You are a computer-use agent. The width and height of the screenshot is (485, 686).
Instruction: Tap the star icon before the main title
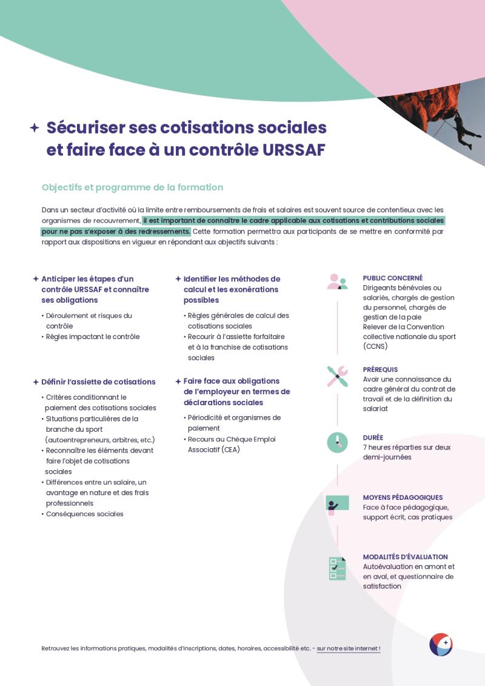point(35,127)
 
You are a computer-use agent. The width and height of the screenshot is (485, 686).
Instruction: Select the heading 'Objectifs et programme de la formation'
point(132,187)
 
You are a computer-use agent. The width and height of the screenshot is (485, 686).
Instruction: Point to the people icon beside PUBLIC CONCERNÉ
point(337,282)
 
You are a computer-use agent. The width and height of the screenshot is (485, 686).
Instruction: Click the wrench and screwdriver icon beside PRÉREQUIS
point(337,376)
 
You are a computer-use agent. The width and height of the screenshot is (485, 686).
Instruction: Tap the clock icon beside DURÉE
point(337,442)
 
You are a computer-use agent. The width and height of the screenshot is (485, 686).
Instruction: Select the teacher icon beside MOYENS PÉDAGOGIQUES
point(337,504)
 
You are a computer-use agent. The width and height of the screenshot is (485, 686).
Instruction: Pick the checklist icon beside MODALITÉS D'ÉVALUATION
point(337,568)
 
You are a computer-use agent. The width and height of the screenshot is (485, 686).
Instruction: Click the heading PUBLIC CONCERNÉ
point(393,278)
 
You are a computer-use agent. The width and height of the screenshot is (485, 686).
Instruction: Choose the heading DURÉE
point(373,437)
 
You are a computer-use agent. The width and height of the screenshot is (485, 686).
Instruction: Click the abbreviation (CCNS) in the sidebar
point(376,346)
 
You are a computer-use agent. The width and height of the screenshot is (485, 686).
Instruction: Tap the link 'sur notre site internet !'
point(349,648)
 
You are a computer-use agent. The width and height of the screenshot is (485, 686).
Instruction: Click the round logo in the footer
point(441,644)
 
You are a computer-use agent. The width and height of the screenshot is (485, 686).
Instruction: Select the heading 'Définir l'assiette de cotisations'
point(98,382)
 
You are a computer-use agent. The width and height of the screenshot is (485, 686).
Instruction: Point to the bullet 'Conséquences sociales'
point(85,514)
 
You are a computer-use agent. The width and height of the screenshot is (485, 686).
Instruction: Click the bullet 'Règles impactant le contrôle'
point(93,337)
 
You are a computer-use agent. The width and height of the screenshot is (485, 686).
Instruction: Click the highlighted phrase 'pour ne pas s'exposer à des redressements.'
point(116,231)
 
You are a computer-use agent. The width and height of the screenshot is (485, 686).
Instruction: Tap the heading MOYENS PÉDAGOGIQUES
point(403,497)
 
